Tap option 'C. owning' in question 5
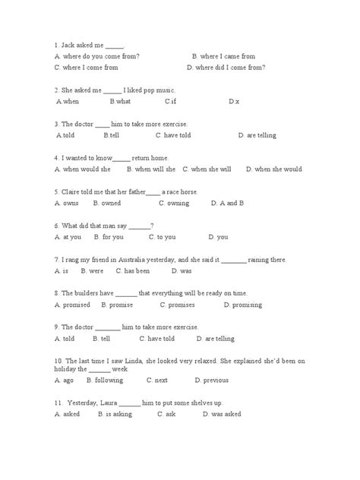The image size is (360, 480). [174, 204]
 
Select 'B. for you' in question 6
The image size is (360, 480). [108, 237]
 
